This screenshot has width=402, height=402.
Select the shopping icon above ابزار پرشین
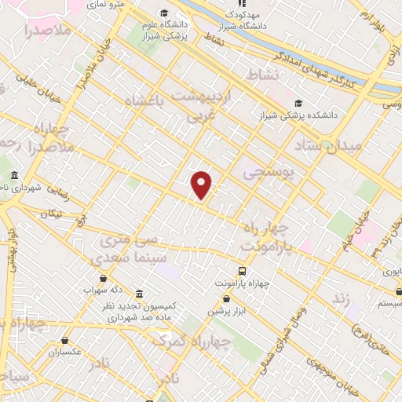tap(227, 298)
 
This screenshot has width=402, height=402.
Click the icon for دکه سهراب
tap(103, 277)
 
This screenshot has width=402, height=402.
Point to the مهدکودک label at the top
tap(240, 14)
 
